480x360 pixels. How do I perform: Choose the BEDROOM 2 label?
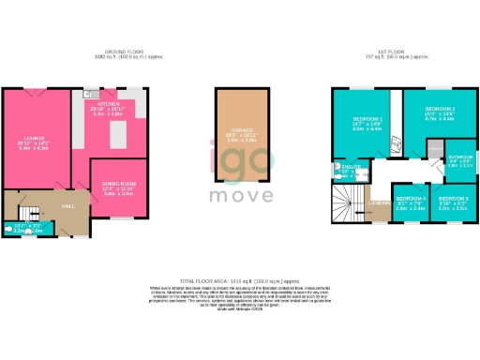440,109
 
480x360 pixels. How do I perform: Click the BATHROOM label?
460,157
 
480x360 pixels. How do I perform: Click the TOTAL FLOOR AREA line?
240,279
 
